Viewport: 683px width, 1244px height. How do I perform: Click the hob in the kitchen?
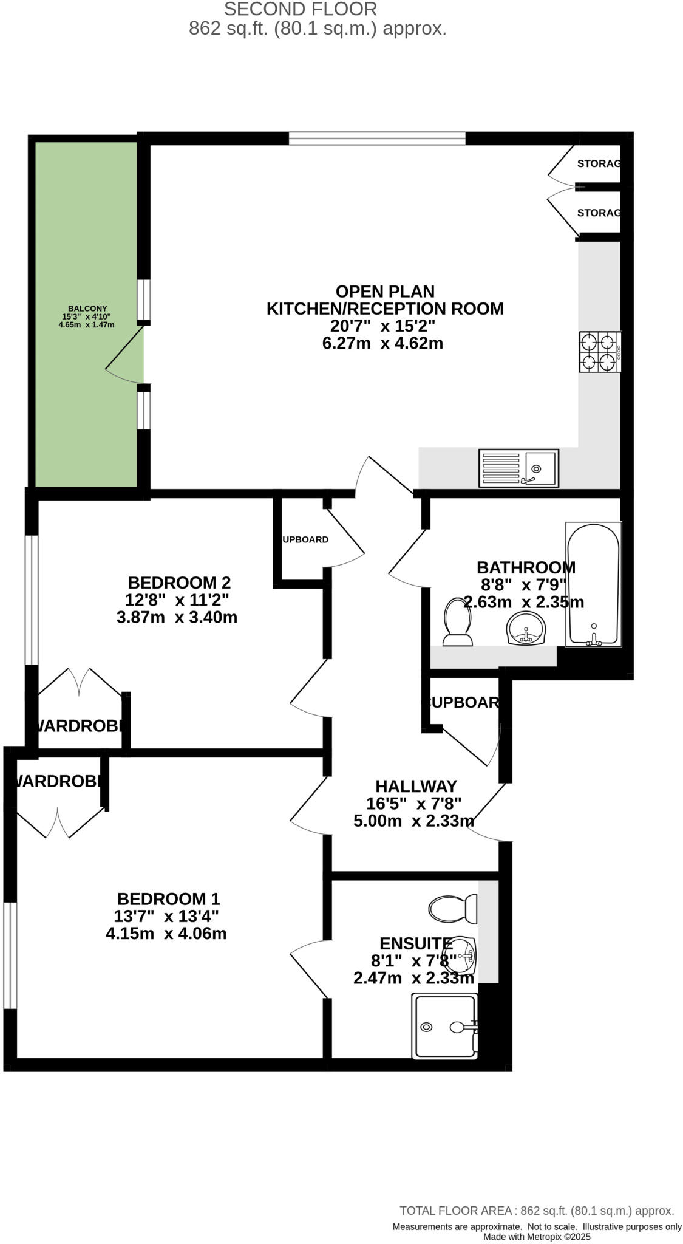click(600, 352)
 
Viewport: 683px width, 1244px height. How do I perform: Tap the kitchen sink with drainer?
click(518, 468)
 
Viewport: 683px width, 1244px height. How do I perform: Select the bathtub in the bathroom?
click(593, 584)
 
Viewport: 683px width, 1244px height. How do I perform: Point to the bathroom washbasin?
click(526, 628)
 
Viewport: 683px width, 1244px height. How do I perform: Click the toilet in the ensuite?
click(453, 909)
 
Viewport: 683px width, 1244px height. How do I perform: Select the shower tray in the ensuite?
click(444, 1026)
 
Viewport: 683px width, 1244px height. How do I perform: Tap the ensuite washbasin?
click(466, 955)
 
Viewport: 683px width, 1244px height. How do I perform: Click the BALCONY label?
click(87, 309)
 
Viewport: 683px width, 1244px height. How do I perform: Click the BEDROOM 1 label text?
click(169, 898)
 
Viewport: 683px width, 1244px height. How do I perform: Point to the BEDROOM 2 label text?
click(179, 583)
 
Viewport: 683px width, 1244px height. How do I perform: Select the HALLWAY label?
click(416, 786)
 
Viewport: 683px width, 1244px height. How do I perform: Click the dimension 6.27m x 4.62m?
click(382, 343)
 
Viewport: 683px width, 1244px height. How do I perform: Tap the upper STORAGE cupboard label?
click(598, 163)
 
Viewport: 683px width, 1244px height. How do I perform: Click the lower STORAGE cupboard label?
click(598, 213)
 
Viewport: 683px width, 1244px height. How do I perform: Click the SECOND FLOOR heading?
click(301, 9)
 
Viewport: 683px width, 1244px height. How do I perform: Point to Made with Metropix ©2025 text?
click(537, 1237)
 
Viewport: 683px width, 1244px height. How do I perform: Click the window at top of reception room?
click(377, 139)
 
